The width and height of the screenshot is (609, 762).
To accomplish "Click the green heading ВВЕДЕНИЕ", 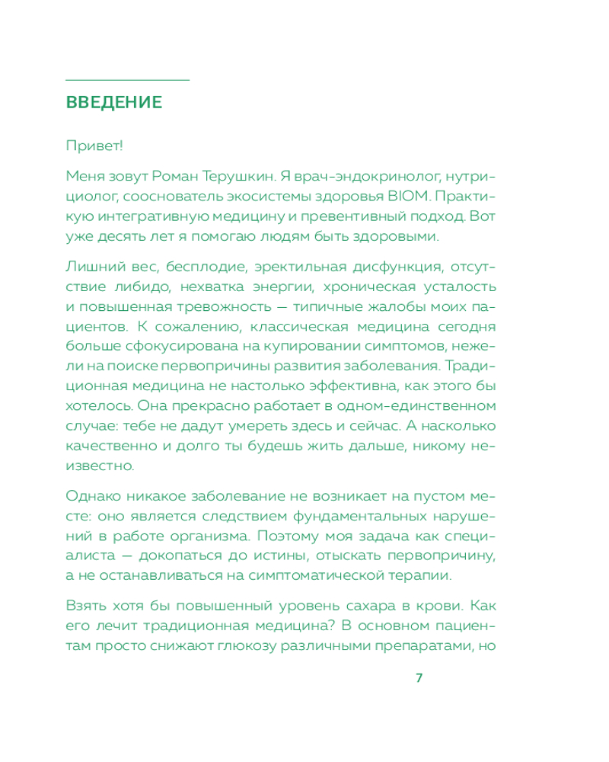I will [x=114, y=103].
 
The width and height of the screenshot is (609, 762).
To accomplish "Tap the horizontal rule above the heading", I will [x=127, y=79].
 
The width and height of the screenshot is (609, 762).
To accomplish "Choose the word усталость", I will [x=464, y=287].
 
